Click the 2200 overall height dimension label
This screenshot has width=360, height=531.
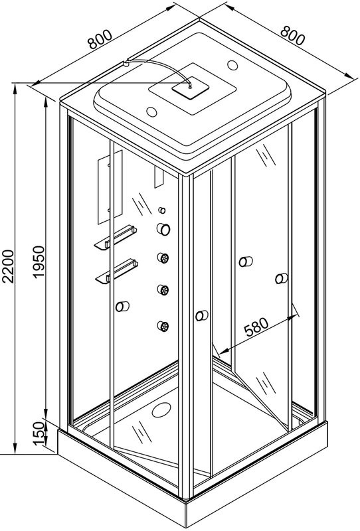(x=8, y=266)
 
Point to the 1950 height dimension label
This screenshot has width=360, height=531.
(x=39, y=262)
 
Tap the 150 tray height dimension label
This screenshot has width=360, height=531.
(x=39, y=434)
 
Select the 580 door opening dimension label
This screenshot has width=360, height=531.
(x=256, y=327)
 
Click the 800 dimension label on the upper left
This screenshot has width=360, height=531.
(x=100, y=39)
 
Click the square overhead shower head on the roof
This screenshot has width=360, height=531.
(x=190, y=88)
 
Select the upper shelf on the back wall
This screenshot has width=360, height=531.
(x=116, y=237)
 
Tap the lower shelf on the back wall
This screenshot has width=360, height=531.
(x=117, y=271)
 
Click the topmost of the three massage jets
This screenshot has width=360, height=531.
(x=163, y=258)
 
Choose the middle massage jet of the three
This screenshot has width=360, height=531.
(x=163, y=290)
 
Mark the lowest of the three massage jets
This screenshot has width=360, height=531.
(x=163, y=326)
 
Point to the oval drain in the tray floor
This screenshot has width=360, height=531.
(x=161, y=410)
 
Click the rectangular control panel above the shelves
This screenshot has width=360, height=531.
(x=110, y=187)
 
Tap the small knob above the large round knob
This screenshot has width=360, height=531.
(x=162, y=210)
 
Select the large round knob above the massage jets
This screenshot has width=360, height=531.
(x=163, y=229)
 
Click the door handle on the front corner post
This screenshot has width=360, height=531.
(x=202, y=316)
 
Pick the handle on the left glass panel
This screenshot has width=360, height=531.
(x=122, y=307)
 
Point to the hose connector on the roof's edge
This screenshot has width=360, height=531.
(x=126, y=63)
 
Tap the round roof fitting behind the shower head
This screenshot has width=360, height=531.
(x=232, y=65)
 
